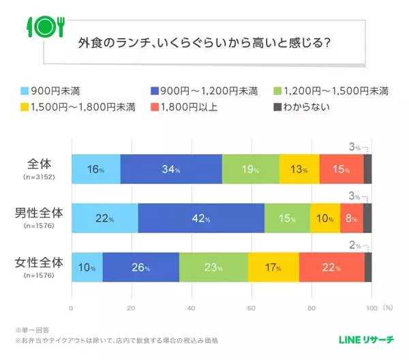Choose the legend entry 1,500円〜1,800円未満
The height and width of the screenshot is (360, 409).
73,106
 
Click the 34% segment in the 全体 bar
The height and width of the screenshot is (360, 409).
171,169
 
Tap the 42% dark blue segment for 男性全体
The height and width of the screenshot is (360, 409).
201,218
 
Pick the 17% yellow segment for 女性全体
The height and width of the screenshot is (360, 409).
273,267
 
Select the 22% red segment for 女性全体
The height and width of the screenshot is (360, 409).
331,267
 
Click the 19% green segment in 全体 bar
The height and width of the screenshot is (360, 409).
250,169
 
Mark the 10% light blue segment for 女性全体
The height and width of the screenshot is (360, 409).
87,267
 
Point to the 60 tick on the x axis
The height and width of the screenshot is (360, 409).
252,307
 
